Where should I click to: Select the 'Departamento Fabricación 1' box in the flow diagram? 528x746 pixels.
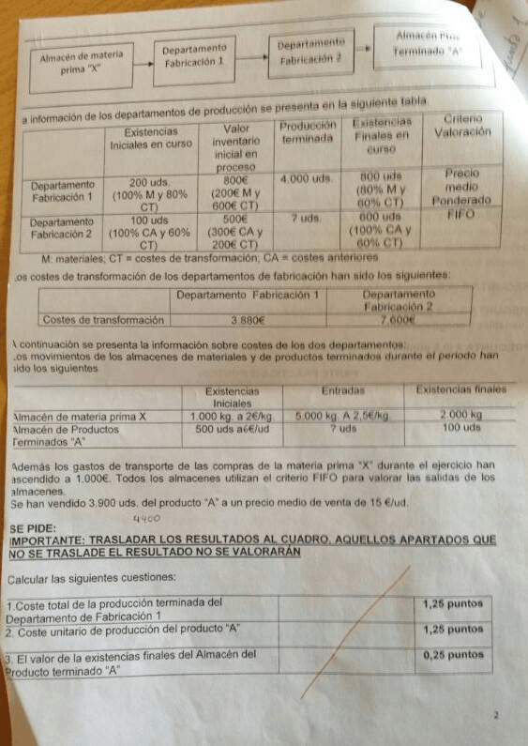point(194,55)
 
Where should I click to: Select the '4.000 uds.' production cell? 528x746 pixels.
point(308,177)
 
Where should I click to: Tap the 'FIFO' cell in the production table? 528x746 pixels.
point(462,214)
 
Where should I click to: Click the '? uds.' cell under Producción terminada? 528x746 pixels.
point(308,218)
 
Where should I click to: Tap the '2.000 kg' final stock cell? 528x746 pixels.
point(460,413)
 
